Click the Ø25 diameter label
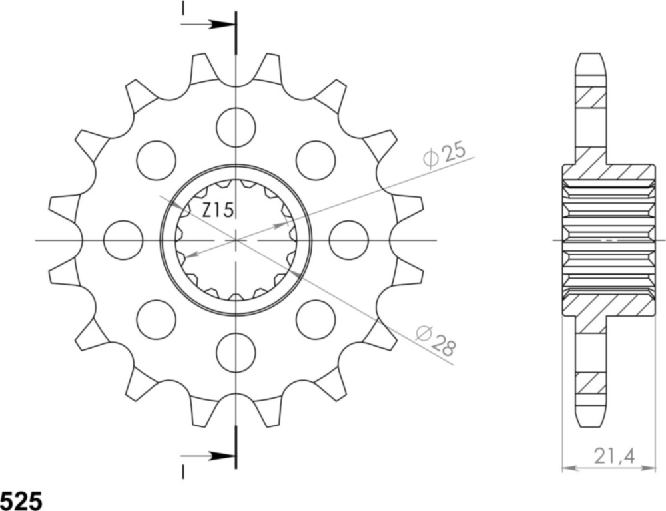(444, 155)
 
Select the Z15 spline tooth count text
(217, 211)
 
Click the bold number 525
(21, 500)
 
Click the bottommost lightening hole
(236, 353)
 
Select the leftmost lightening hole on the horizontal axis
(124, 240)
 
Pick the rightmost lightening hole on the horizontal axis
(348, 240)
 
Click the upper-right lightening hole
(315, 160)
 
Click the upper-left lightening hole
(156, 160)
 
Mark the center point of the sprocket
(236, 240)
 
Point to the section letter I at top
(182, 8)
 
